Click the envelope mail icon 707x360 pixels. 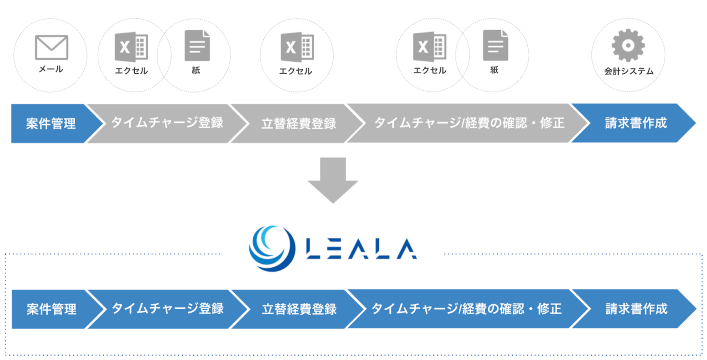(x=51, y=47)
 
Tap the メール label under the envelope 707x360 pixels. (x=51, y=69)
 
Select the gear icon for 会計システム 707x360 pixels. (x=628, y=45)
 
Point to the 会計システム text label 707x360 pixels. (x=629, y=71)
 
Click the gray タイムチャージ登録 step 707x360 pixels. (x=167, y=123)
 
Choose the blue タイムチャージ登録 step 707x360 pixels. (x=167, y=309)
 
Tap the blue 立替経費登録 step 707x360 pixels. (x=299, y=309)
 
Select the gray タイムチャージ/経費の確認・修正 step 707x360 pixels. (x=469, y=123)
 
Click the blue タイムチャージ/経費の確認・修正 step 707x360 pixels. (x=466, y=309)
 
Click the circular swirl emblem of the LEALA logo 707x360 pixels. (x=272, y=248)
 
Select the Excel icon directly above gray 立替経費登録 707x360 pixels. (x=297, y=47)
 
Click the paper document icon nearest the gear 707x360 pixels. (x=495, y=45)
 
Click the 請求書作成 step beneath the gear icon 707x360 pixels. (x=635, y=123)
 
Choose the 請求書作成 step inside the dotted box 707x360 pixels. (x=636, y=309)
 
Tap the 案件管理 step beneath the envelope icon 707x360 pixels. (x=51, y=124)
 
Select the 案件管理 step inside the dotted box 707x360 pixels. (x=51, y=309)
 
